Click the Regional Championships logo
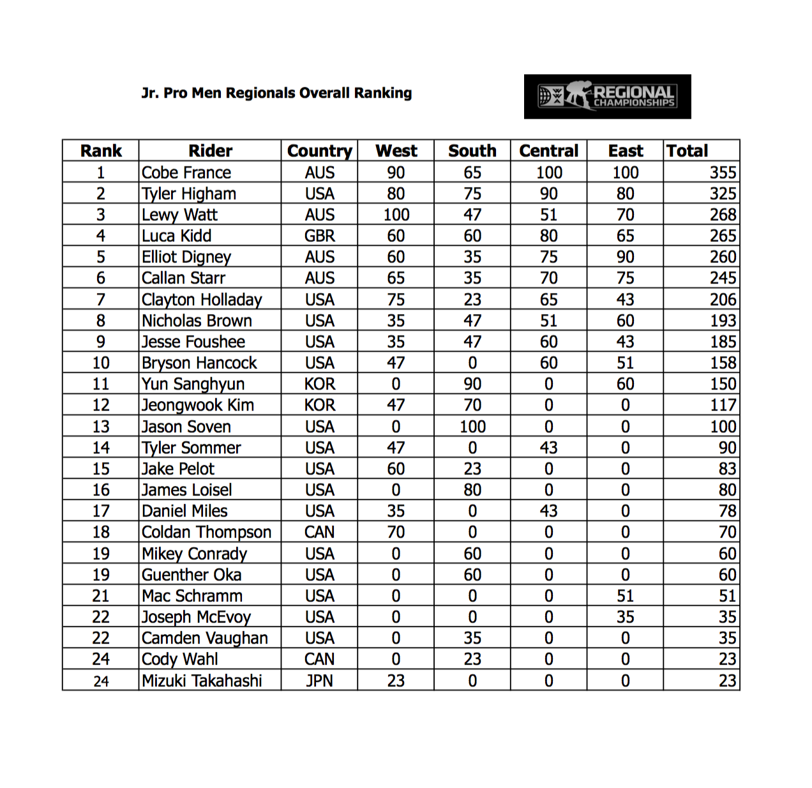pyautogui.click(x=607, y=96)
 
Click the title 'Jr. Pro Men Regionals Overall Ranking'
pyautogui.click(x=276, y=93)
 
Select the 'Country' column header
pyautogui.click(x=319, y=151)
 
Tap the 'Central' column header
pyautogui.click(x=548, y=151)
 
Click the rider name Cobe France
pyautogui.click(x=186, y=173)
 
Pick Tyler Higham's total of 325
pyautogui.click(x=723, y=194)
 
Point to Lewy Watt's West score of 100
pyautogui.click(x=396, y=215)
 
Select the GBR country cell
pyautogui.click(x=319, y=236)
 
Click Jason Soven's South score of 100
pyautogui.click(x=472, y=427)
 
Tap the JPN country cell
pyautogui.click(x=319, y=681)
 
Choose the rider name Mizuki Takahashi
pyautogui.click(x=202, y=681)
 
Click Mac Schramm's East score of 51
pyautogui.click(x=625, y=596)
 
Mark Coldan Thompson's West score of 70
pyautogui.click(x=396, y=533)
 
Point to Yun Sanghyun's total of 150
pyautogui.click(x=723, y=384)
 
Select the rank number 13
pyautogui.click(x=101, y=427)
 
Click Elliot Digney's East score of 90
pyautogui.click(x=625, y=257)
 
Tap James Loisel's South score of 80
pyautogui.click(x=472, y=490)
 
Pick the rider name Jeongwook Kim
pyautogui.click(x=198, y=405)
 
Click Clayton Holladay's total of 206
pyautogui.click(x=723, y=300)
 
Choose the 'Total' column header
pyautogui.click(x=688, y=151)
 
